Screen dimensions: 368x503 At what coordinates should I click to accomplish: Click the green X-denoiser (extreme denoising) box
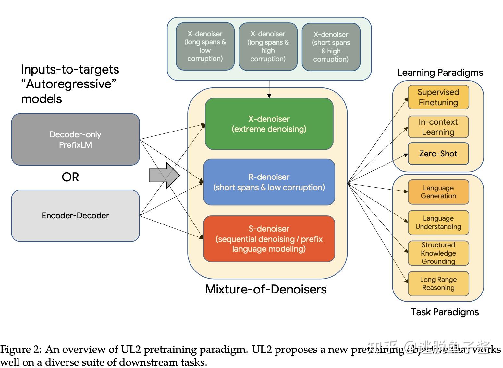point(269,124)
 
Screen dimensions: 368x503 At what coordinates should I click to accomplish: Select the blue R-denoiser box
point(269,182)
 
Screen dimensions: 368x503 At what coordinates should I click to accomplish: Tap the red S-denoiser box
point(269,239)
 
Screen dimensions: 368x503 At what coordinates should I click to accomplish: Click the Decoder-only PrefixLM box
point(75,139)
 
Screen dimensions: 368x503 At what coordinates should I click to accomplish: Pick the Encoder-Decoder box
point(75,216)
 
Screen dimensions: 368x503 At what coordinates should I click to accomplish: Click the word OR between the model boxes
point(70,177)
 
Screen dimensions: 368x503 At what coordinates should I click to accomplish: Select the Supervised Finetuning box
point(438,97)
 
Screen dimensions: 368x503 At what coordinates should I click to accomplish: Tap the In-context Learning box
point(438,127)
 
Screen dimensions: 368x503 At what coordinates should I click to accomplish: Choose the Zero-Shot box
point(438,154)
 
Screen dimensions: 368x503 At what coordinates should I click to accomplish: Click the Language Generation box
point(438,192)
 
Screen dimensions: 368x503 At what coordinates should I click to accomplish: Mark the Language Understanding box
point(438,223)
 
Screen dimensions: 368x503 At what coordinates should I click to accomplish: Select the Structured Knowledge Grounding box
point(438,253)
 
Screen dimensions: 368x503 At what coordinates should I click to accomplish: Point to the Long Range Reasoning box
point(438,283)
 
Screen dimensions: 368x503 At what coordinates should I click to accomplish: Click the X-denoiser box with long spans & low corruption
point(205,46)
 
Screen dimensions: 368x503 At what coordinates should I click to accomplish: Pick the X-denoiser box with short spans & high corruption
point(331,47)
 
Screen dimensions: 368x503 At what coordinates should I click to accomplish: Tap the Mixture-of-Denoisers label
point(266,289)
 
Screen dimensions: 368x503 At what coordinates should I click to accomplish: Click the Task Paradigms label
point(445,312)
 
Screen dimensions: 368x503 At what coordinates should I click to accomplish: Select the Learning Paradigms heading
point(440,73)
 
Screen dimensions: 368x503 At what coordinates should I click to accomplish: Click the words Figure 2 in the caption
point(21,350)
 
